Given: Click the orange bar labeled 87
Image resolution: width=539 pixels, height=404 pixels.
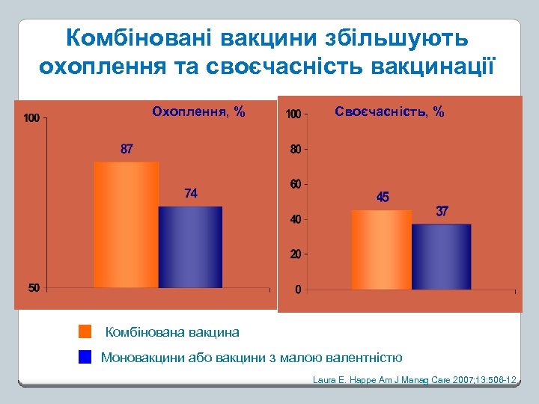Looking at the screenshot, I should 126,224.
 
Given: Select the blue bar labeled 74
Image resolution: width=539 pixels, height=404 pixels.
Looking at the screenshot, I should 190,247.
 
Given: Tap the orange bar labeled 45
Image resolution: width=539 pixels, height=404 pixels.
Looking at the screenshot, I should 382,250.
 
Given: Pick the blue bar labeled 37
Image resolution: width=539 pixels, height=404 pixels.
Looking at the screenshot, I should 442,257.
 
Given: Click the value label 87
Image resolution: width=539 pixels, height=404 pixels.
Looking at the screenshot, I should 127,149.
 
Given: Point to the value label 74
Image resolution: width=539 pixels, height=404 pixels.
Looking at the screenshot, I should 191,194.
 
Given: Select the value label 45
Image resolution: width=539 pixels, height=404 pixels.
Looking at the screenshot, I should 383,198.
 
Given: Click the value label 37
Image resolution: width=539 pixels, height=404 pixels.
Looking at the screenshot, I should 442,212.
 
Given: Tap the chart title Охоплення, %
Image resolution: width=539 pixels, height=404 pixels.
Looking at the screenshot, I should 198,112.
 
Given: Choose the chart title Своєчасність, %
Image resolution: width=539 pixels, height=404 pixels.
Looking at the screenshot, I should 389,112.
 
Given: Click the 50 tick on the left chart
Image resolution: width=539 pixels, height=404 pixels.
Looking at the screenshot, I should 34,288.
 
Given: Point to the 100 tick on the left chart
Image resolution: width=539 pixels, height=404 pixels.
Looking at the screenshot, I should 31,118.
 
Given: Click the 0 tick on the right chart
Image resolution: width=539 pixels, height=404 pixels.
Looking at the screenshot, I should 298,290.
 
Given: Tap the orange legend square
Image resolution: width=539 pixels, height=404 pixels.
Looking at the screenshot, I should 85,331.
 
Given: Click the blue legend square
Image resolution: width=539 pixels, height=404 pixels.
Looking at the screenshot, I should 85,357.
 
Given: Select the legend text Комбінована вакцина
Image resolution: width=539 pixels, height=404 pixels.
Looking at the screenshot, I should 172,331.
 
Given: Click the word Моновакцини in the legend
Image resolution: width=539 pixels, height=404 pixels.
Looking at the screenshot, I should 140,358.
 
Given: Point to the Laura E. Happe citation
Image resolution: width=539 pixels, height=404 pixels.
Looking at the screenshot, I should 415,381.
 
